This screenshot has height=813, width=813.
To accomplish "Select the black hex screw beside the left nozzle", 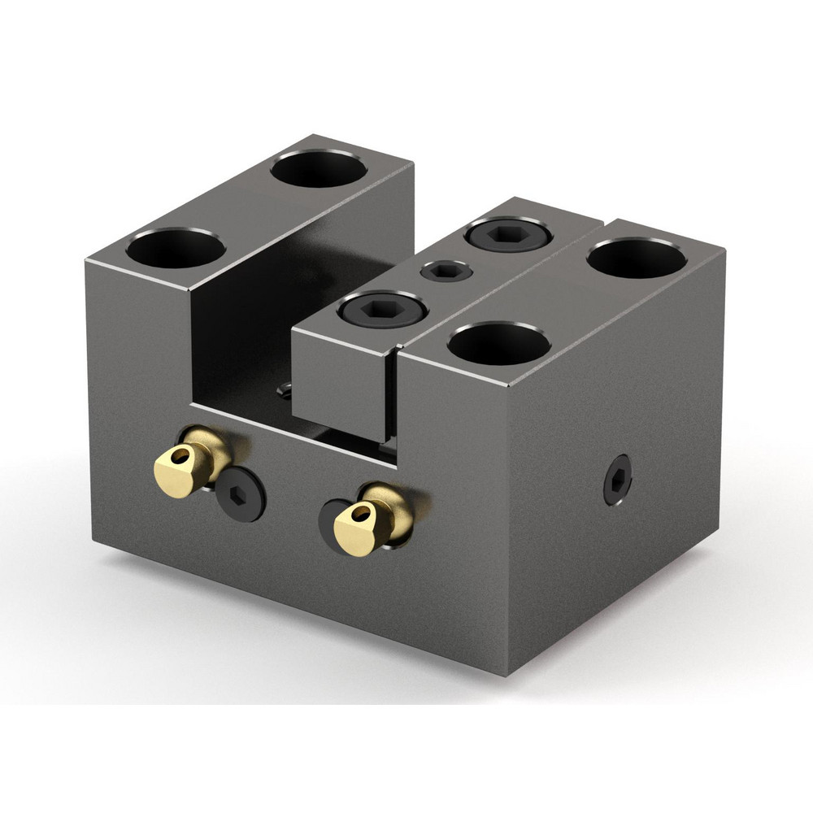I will pyautogui.click(x=241, y=493).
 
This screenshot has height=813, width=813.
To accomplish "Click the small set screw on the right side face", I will pyautogui.click(x=617, y=480).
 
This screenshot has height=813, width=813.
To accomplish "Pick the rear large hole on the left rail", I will pyautogui.click(x=318, y=168).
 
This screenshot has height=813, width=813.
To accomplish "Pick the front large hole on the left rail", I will pyautogui.click(x=176, y=248).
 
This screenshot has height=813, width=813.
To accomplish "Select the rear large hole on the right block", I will pyautogui.click(x=637, y=258).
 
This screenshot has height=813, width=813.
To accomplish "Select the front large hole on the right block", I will pyautogui.click(x=498, y=342).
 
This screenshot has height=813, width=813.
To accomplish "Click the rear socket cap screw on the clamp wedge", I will pyautogui.click(x=508, y=235).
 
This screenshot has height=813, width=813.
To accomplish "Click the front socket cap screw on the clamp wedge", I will pyautogui.click(x=382, y=309).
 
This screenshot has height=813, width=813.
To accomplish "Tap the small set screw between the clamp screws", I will pyautogui.click(x=446, y=271).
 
